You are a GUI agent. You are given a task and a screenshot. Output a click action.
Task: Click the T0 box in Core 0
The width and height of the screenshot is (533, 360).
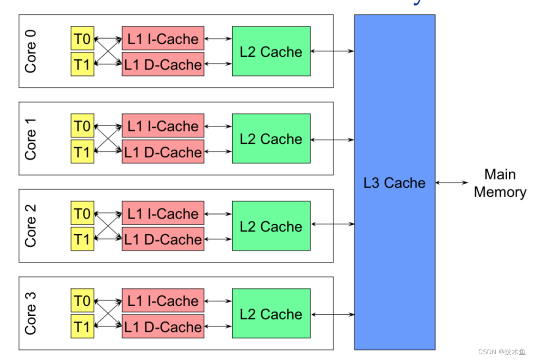(82, 39)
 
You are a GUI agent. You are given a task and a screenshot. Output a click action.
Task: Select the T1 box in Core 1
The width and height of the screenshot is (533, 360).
(82, 152)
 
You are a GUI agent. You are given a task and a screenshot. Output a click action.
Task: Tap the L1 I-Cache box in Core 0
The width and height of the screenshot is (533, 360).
(163, 39)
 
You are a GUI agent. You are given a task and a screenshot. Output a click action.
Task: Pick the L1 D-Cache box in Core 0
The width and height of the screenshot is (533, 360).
(163, 64)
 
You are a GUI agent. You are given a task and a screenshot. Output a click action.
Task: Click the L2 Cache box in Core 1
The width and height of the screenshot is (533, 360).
(271, 139)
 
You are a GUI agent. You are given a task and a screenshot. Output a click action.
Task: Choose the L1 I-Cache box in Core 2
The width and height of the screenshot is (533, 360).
(163, 213)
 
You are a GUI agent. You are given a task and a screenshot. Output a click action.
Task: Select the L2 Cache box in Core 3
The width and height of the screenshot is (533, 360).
(271, 313)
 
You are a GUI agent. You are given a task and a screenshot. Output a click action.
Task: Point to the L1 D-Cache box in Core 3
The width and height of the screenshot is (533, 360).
(163, 327)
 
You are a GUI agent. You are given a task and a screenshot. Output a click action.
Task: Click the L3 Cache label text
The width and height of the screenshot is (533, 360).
(395, 183)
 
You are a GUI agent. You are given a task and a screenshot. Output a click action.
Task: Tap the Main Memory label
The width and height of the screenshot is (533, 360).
(500, 183)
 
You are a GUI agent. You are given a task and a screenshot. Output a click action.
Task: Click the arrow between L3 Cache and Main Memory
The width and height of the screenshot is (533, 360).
(452, 182)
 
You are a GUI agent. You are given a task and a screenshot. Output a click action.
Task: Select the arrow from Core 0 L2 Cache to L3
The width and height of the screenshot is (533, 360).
(332, 51)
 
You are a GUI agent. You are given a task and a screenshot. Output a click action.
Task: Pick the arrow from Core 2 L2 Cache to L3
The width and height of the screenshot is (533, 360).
(332, 224)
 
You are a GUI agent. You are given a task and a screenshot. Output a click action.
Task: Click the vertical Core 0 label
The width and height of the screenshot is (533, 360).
(30, 51)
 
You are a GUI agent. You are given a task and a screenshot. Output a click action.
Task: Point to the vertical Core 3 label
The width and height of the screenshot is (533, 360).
(30, 313)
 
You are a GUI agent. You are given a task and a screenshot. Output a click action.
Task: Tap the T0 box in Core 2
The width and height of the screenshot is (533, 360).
(82, 213)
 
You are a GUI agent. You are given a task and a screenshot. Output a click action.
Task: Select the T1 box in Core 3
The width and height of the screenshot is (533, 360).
(82, 327)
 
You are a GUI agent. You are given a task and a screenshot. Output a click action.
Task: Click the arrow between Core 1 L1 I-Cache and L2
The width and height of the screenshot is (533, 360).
(218, 126)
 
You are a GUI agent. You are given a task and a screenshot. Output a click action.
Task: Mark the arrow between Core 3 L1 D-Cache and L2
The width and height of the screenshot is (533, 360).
(218, 327)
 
